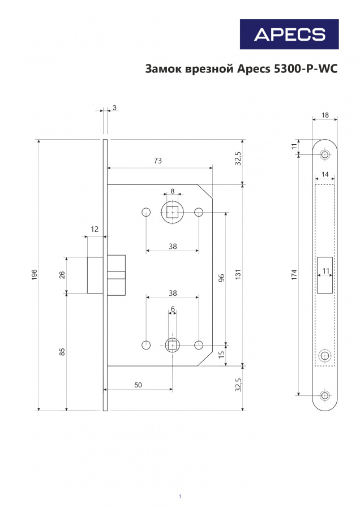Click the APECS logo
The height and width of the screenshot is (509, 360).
289,34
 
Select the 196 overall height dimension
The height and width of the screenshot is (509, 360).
35,275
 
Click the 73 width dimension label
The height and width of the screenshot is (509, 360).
157,161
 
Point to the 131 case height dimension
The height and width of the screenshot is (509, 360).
238,275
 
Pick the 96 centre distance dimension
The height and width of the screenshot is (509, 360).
221,278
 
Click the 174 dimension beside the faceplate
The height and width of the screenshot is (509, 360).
294,275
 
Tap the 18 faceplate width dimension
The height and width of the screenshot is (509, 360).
325,115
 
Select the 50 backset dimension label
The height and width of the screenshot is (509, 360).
138,385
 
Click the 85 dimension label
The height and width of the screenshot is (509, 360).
62,352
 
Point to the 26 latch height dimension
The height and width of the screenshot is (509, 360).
62,275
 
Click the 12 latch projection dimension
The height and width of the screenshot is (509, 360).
94,229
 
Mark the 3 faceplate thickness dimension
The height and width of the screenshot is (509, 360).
114,107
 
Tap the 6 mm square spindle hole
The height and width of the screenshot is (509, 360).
172,345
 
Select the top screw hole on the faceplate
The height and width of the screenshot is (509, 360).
324,154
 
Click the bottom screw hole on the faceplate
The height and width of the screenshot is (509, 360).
324,395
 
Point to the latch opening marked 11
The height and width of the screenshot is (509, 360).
325,275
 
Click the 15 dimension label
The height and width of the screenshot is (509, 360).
221,355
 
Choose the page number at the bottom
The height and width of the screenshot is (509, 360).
180,496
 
